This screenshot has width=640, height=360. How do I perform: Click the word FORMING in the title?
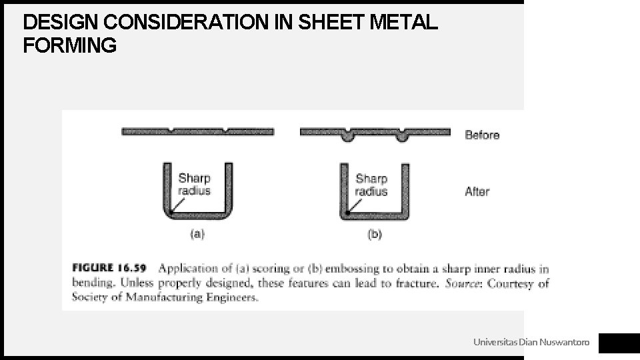point(70,46)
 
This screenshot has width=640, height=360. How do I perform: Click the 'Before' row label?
point(482,135)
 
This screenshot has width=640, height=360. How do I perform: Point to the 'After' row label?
point(477,191)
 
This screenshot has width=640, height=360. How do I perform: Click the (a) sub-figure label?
point(197,234)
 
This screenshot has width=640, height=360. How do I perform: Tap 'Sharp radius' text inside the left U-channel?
point(195,185)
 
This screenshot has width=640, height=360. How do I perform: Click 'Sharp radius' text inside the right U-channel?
point(371,185)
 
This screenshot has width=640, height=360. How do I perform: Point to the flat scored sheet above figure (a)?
point(197,131)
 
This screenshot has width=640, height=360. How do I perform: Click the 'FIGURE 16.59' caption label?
point(110,269)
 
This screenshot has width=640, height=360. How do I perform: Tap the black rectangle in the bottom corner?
point(619,343)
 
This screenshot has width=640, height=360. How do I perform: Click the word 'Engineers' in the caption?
point(231,297)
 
